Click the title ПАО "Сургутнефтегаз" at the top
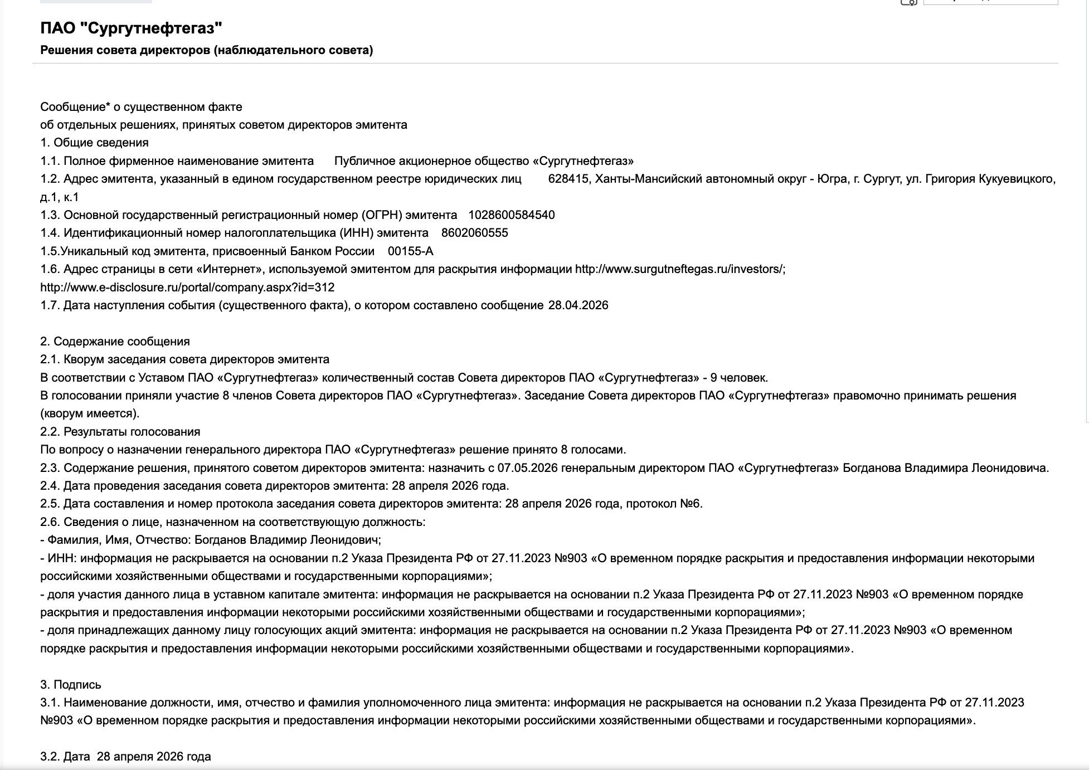131,28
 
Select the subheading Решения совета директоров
206,50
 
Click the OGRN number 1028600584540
511,215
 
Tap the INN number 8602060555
474,233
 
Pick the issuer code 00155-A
410,251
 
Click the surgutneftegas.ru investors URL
680,269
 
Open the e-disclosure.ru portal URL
187,287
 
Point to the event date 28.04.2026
578,305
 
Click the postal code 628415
568,179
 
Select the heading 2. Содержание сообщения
115,342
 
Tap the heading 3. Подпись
71,685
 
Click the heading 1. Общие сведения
94,143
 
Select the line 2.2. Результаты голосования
120,432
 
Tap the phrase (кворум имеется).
90,413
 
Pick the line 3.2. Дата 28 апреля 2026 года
125,757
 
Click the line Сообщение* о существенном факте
141,106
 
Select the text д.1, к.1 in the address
60,197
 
